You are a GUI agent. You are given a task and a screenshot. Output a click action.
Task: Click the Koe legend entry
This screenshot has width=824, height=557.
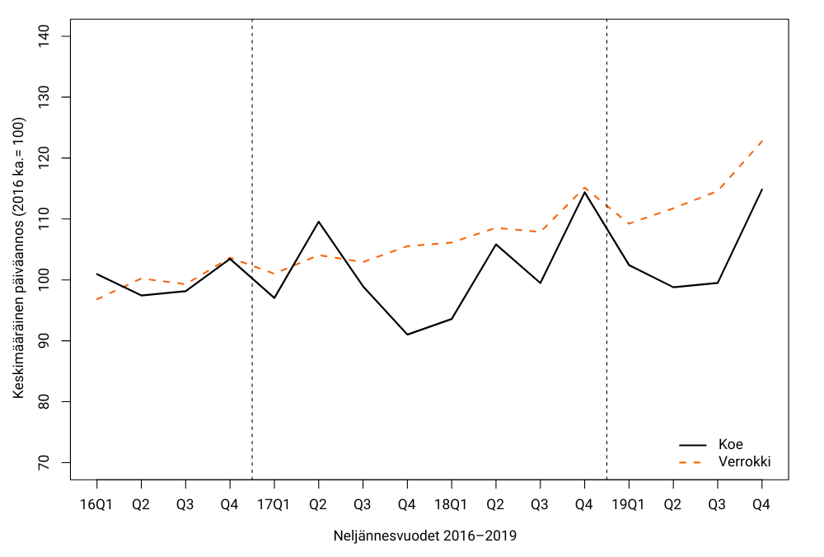click(x=730, y=444)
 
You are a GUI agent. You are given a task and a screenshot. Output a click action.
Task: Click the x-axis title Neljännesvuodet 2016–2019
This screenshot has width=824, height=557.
click(x=425, y=536)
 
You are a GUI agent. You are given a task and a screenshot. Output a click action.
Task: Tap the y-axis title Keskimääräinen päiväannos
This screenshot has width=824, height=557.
click(x=19, y=258)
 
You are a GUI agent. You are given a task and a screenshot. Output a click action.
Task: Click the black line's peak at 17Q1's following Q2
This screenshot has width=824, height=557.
click(x=318, y=222)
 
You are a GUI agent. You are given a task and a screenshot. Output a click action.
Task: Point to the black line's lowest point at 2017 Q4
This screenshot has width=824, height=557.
click(x=407, y=335)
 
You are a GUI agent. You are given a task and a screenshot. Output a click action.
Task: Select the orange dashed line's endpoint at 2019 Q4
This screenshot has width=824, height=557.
click(x=761, y=141)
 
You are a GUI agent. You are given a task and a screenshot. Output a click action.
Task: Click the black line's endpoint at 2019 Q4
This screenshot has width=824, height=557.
click(x=761, y=190)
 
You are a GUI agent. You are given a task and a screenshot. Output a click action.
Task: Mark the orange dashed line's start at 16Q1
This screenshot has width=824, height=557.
click(x=97, y=299)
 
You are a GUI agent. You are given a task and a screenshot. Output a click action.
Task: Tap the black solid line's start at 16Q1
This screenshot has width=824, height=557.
click(x=97, y=274)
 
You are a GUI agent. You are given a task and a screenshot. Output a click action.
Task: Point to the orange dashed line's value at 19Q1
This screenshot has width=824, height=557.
click(x=629, y=223)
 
